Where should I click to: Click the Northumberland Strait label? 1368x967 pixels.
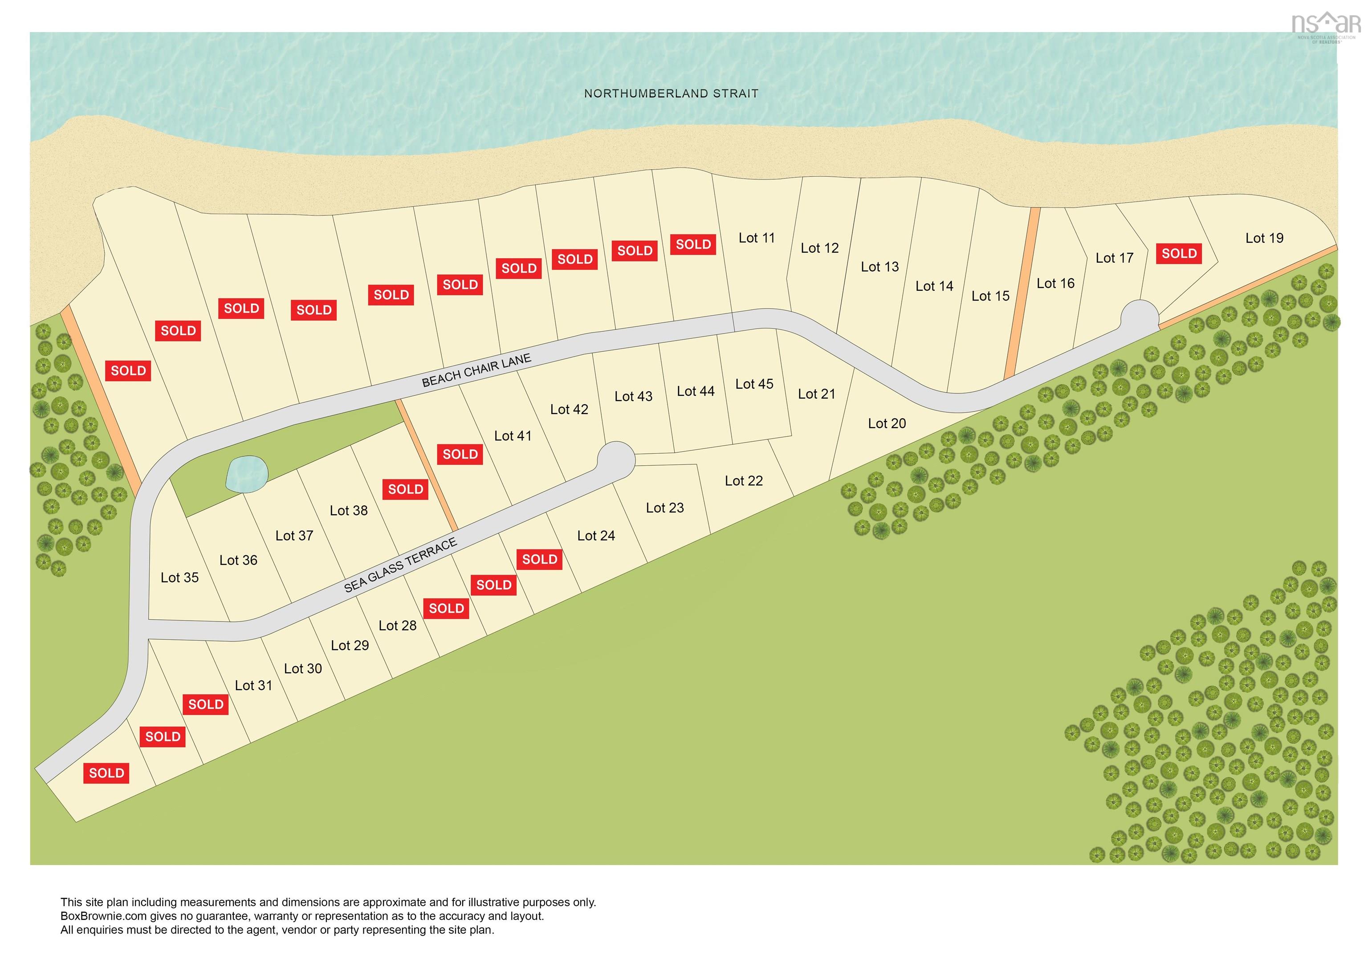671,93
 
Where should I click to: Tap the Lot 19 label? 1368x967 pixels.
1264,238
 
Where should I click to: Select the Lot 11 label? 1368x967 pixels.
757,238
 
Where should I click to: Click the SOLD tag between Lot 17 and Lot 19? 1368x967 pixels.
1179,253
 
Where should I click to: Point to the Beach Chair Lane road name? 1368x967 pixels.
476,370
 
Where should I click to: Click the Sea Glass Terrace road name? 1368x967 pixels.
400,565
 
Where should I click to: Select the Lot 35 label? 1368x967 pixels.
179,577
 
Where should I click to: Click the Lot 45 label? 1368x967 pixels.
754,384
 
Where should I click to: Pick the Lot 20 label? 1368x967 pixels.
887,424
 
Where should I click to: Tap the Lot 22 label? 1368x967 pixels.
744,481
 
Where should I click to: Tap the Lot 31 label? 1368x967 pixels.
253,686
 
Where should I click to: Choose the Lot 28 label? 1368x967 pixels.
397,626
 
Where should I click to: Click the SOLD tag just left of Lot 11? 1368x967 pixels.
693,244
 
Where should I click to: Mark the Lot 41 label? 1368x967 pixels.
513,436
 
